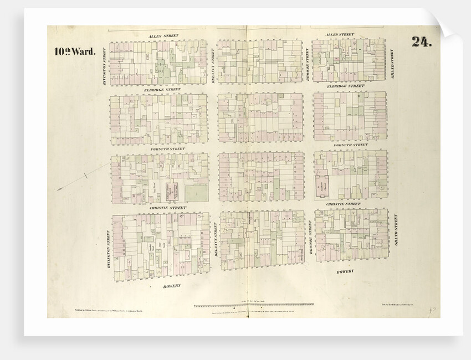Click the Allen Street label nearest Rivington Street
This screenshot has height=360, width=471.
coord(163,35)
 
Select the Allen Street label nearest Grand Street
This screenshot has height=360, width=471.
coord(340,35)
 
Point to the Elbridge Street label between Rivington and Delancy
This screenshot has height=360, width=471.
coord(162,89)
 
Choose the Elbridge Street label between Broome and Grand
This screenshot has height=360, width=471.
coord(345,86)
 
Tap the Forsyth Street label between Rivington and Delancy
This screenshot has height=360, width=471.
coord(167,148)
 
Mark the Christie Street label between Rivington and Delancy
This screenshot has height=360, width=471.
coord(168,208)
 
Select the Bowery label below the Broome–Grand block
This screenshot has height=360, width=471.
coord(345,271)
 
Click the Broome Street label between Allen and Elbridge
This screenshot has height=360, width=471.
coord(308,64)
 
